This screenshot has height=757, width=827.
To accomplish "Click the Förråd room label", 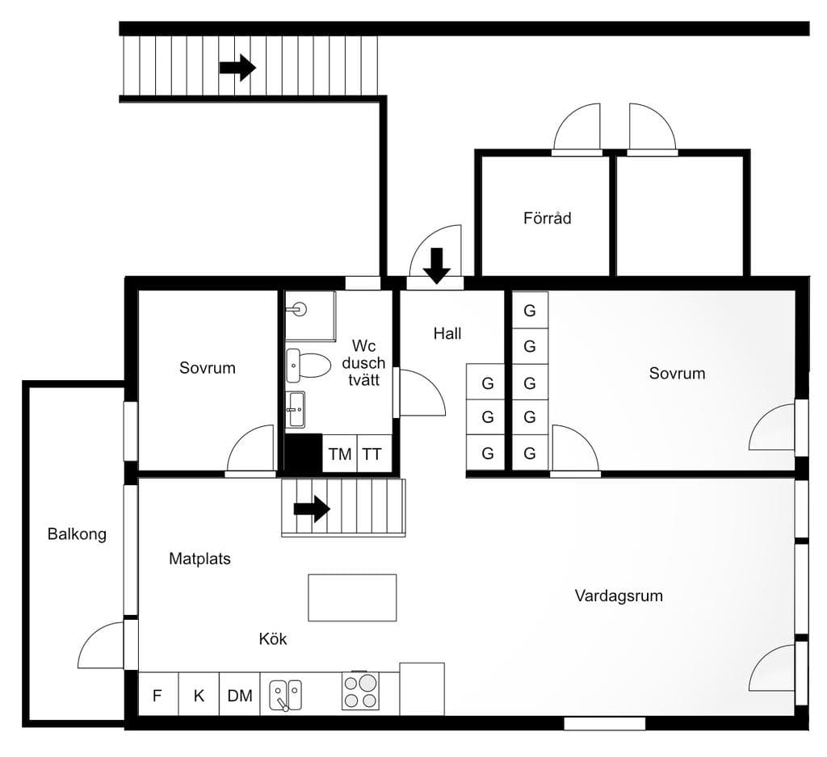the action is [547, 218].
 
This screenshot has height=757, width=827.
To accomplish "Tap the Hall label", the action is [447, 333].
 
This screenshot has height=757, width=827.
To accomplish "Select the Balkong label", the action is [77, 534].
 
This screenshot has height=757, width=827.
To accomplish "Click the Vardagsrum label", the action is [619, 596].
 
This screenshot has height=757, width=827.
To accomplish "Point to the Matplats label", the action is [200, 558].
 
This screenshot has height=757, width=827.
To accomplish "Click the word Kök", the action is [273, 639].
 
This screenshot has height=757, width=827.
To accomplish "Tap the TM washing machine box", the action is [340, 454].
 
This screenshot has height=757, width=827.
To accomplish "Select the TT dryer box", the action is [375, 454].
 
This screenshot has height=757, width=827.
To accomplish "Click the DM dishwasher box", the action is [239, 694].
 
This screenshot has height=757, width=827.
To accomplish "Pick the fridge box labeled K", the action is [199, 694].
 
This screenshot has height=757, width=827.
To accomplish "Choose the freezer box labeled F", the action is [158, 694].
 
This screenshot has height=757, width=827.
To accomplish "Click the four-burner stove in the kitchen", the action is [360, 691].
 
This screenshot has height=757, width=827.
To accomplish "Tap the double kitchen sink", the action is [285, 695].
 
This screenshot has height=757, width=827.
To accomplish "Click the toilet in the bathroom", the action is [309, 366].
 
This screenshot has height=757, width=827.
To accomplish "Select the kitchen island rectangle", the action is [352, 598].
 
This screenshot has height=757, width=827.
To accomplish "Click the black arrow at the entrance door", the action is [437, 266].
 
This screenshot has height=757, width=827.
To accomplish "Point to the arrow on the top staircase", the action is [237, 68].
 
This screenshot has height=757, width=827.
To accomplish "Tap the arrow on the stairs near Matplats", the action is [312, 508].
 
